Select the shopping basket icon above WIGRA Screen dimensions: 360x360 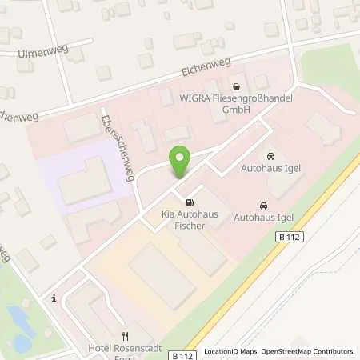coord(236,86)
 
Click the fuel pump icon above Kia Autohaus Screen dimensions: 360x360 coord(189,203)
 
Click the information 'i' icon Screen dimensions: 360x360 coord(54,298)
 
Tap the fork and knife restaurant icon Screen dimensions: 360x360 coord(124,336)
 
